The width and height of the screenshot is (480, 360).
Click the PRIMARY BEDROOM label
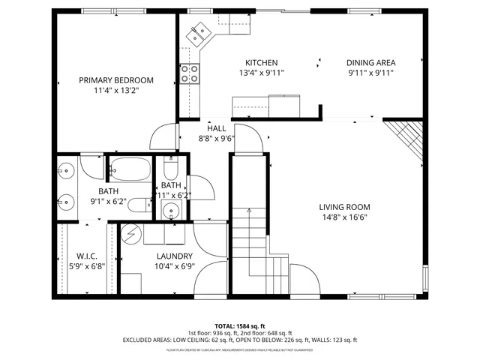point(116,80)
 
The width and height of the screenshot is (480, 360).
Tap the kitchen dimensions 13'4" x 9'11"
point(261,73)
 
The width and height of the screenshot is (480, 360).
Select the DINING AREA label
point(370,63)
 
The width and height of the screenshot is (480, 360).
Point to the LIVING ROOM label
point(344,207)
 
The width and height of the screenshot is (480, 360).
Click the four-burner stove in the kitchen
point(189,73)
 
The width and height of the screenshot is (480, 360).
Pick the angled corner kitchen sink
point(200,33)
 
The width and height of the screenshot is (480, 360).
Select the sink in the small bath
point(170,211)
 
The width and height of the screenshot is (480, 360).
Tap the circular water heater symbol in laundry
point(131,234)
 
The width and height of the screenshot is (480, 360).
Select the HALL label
point(217,128)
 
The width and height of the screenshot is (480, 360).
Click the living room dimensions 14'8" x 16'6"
point(344,217)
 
